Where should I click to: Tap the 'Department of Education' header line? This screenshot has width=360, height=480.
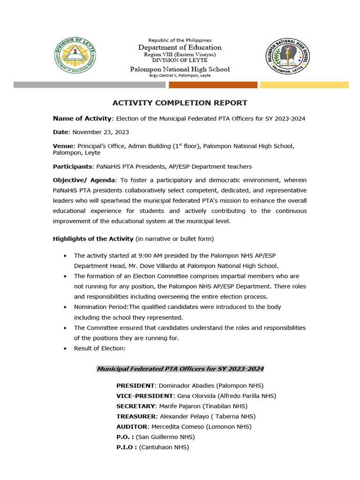point(180,47)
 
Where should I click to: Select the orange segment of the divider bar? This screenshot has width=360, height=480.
point(213,85)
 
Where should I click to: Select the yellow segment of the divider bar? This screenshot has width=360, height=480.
point(304,85)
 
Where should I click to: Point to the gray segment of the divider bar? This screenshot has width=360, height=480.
point(90,85)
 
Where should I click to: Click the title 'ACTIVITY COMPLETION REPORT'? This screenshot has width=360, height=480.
point(180,103)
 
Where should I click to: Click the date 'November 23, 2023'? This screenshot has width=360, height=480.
point(100,132)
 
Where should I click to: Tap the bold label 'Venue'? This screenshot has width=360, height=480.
point(63,146)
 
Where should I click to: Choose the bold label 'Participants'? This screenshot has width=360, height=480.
point(72,166)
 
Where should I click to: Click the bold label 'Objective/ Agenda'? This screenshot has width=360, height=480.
point(83,180)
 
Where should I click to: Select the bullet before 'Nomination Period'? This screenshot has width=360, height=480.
point(64,307)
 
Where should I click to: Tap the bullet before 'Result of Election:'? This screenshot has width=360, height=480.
point(64,348)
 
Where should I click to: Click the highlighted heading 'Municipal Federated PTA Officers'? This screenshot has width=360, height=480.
point(180,369)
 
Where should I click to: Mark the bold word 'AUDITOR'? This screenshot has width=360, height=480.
point(132,427)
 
